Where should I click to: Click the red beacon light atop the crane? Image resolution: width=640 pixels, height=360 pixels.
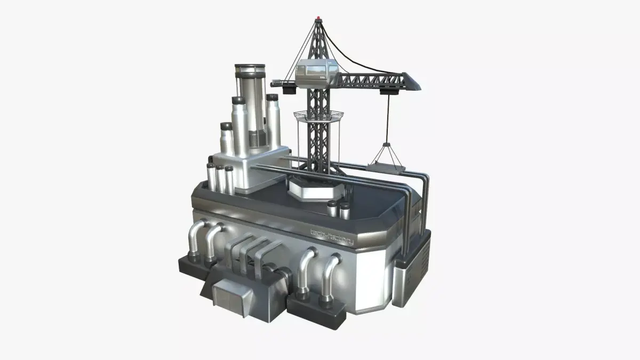coord(319,20)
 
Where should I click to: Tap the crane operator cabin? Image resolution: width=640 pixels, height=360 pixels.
coord(318,73)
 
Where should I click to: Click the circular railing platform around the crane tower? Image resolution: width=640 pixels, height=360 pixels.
coord(318,115)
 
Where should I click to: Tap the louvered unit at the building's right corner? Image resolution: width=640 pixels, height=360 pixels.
coord(413,272)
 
